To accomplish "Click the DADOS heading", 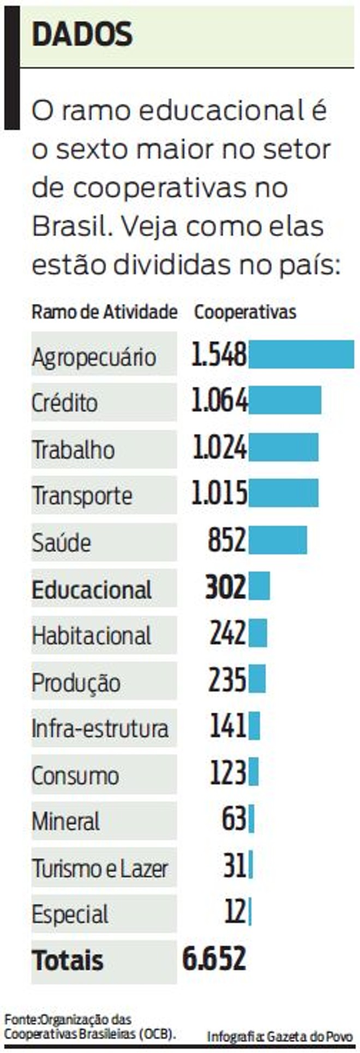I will [x=82, y=34].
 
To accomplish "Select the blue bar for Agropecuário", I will [x=301, y=354].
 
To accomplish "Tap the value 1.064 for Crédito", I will [x=219, y=401].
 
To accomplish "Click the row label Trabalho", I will [x=73, y=450].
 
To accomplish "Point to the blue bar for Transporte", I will [x=283, y=493].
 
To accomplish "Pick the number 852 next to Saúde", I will [x=227, y=540].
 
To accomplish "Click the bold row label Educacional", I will [x=92, y=590].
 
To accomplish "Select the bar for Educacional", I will [x=259, y=586].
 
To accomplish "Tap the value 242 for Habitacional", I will [x=227, y=633].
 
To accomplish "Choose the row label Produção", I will [x=76, y=683].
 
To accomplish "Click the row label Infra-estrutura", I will [x=100, y=729].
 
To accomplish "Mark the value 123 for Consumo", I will [x=228, y=773].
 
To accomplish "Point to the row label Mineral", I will [x=65, y=822].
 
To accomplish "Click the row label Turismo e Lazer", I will [x=100, y=868].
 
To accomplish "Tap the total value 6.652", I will [x=214, y=959].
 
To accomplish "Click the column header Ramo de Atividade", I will [x=104, y=312].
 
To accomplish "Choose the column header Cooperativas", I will [x=245, y=312].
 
